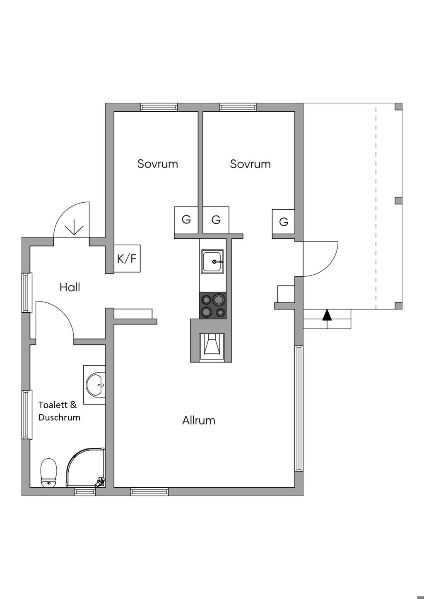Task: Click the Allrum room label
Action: (x=199, y=420)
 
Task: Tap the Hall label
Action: (x=70, y=287)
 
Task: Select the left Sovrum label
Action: (x=158, y=164)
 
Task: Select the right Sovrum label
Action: (x=250, y=164)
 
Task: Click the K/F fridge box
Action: (x=127, y=259)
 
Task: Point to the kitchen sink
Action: (x=212, y=261)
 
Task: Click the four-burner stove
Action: (x=213, y=306)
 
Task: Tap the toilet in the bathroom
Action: (x=48, y=473)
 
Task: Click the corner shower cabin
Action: (x=85, y=468)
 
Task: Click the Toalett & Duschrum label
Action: (x=59, y=411)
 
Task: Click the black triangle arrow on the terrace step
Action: (x=327, y=315)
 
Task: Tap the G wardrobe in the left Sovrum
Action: (x=186, y=220)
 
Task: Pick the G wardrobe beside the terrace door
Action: (x=283, y=222)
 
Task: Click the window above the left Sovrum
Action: (x=159, y=107)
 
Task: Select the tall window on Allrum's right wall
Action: (x=299, y=408)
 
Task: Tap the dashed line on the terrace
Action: (x=376, y=207)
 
